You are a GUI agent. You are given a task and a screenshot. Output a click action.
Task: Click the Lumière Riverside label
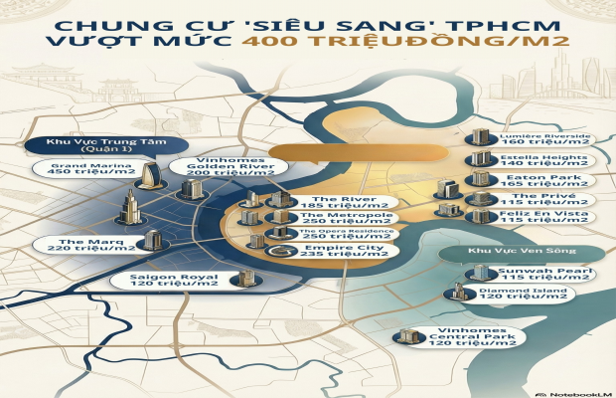point(545,138)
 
